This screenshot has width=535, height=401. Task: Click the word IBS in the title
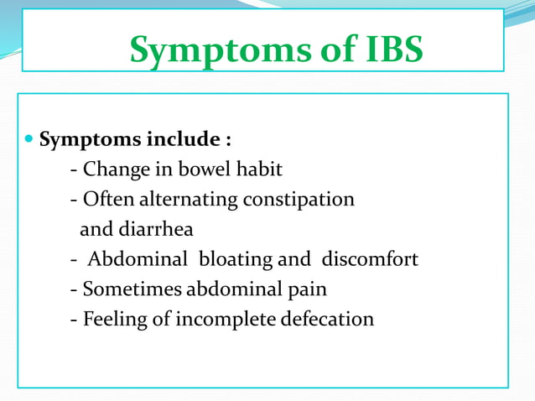click(383, 50)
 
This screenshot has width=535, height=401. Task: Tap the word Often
click(108, 200)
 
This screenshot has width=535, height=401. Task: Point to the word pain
click(309, 289)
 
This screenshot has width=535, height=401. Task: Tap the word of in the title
click(323, 50)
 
